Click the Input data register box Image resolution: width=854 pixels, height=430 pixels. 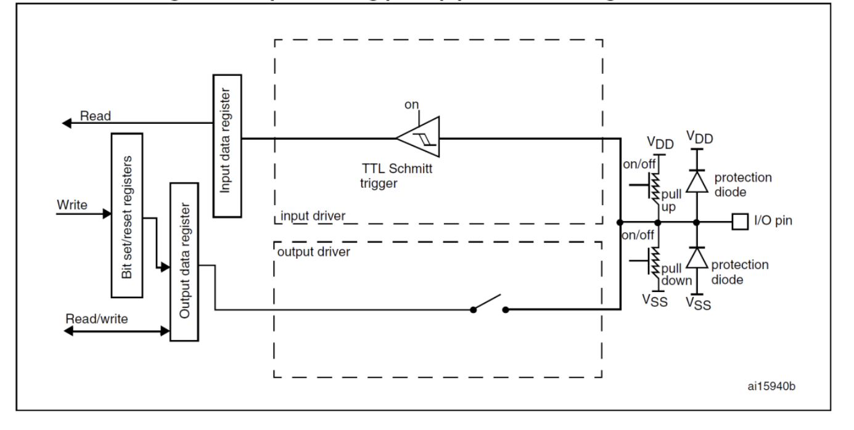[226, 145]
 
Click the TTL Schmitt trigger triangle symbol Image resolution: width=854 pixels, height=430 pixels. [417, 138]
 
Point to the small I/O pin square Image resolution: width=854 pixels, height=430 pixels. [739, 221]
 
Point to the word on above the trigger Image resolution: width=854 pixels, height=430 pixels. [411, 105]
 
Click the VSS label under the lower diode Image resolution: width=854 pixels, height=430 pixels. [699, 303]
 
